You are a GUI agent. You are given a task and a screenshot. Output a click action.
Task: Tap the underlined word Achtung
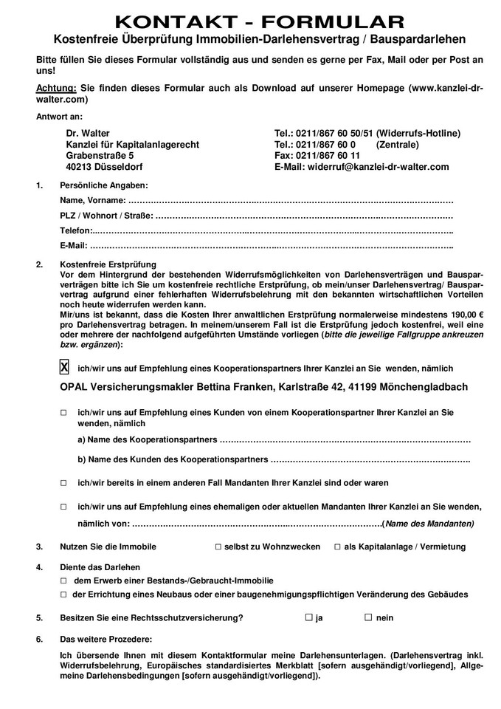coord(55,88)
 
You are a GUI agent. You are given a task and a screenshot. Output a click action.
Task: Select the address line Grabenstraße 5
coord(100,156)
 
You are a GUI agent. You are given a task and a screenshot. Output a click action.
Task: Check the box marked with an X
coord(64,367)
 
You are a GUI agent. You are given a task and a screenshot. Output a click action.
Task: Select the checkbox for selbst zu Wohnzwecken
coord(218,547)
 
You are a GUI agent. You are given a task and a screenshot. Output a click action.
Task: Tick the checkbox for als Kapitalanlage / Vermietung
coord(337,547)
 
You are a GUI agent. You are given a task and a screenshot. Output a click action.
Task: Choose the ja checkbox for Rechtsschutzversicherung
coord(308,617)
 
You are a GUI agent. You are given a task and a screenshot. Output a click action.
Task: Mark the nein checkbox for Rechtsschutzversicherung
coord(367,617)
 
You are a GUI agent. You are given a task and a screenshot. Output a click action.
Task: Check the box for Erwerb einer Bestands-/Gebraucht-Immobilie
coord(63,580)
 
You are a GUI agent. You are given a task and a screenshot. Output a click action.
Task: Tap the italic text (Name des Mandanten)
coord(429,524)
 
